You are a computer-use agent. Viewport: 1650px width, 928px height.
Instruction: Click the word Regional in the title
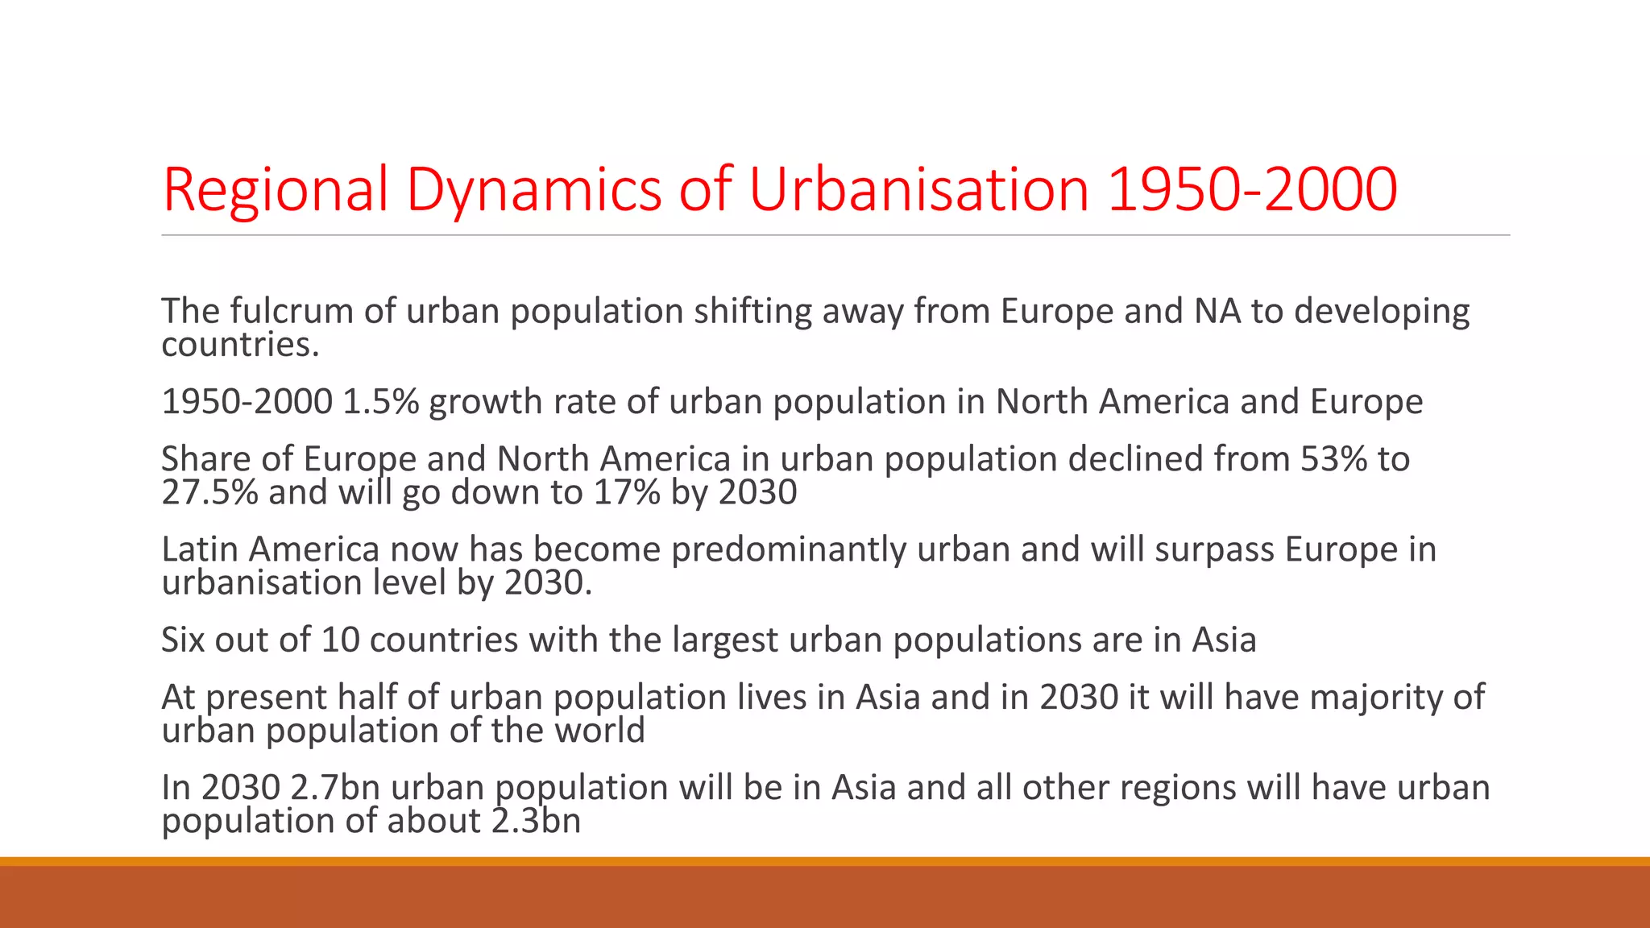pyautogui.click(x=275, y=190)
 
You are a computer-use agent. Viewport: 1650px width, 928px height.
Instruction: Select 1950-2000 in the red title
pyautogui.click(x=1252, y=190)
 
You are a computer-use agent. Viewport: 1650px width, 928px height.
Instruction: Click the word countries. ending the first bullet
pyautogui.click(x=241, y=346)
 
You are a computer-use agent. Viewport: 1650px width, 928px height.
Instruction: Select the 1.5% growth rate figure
pyautogui.click(x=381, y=401)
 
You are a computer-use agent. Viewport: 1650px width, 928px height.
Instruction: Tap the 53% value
pyautogui.click(x=1333, y=459)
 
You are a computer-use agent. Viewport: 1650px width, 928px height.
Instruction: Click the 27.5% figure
pyautogui.click(x=209, y=492)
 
